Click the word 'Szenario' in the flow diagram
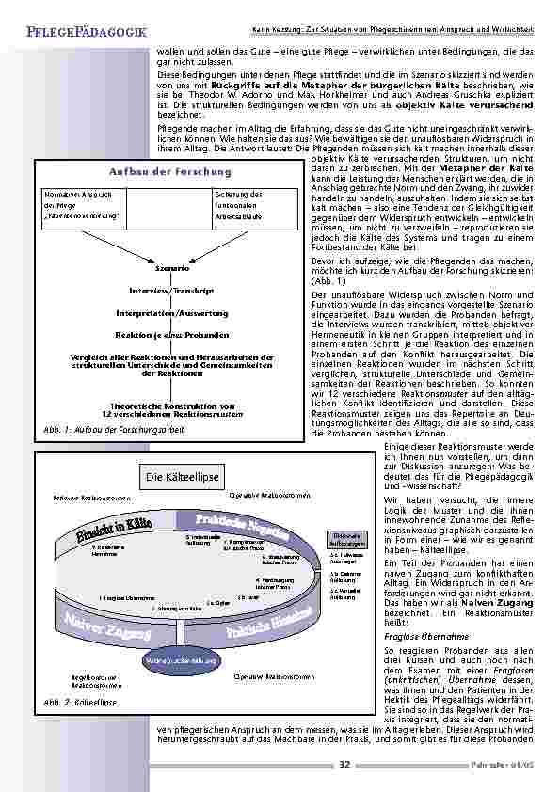coord(159,267)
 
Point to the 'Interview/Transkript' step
coord(159,290)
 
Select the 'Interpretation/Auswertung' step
coord(159,311)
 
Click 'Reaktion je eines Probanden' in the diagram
coord(159,335)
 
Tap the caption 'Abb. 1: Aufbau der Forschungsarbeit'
coord(114,429)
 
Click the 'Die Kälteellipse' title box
coord(182,478)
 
